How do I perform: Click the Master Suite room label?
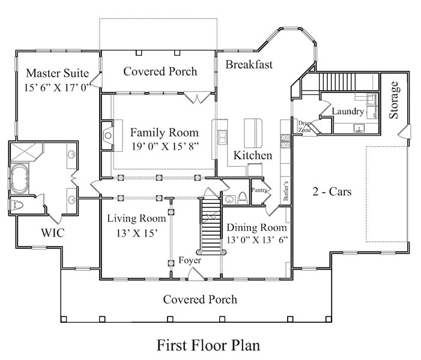pyautogui.click(x=58, y=73)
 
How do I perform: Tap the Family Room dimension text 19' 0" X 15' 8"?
pyautogui.click(x=165, y=146)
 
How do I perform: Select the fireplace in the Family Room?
pyautogui.click(x=108, y=135)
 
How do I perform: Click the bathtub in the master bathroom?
pyautogui.click(x=19, y=178)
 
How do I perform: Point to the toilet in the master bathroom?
pyautogui.click(x=16, y=206)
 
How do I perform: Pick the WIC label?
pyautogui.click(x=53, y=233)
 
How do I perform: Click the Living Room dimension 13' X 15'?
pyautogui.click(x=137, y=233)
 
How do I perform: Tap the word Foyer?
pyautogui.click(x=190, y=260)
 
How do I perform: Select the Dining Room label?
pyautogui.click(x=256, y=227)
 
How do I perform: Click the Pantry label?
pyautogui.click(x=259, y=190)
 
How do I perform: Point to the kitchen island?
pyautogui.click(x=253, y=133)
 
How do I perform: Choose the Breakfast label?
pyautogui.click(x=249, y=64)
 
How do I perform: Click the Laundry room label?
pyautogui.click(x=348, y=112)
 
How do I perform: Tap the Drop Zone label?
pyautogui.click(x=304, y=127)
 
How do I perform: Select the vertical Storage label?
pyautogui.click(x=393, y=100)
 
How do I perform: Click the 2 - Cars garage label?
pyautogui.click(x=332, y=191)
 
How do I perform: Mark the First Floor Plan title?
pyautogui.click(x=208, y=345)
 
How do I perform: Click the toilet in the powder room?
pyautogui.click(x=242, y=198)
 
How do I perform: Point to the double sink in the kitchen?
pyautogui.click(x=222, y=137)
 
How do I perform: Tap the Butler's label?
pyautogui.click(x=286, y=190)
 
